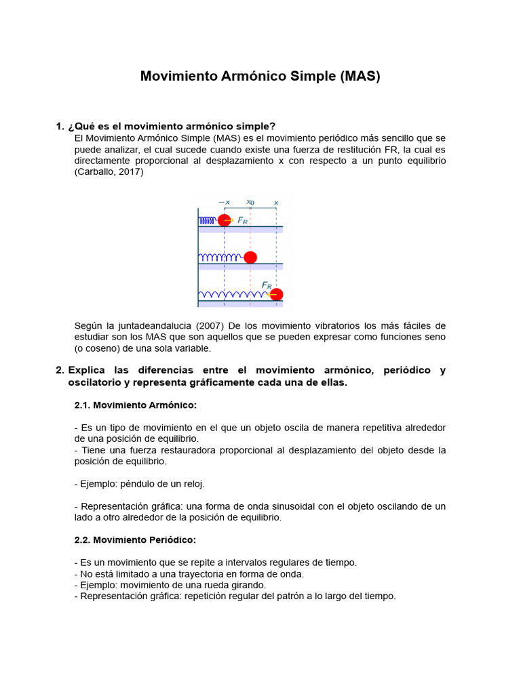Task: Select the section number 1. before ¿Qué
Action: (60, 126)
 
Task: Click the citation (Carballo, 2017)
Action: (109, 171)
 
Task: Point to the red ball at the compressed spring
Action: (224, 220)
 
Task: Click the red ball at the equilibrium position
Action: (250, 258)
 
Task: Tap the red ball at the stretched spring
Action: (276, 294)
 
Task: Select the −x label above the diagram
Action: (224, 202)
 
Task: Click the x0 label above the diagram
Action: (250, 202)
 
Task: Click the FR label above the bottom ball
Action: (267, 285)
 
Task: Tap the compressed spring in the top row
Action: (208, 220)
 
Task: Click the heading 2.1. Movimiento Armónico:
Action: (135, 405)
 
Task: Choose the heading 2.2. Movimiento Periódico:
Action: (134, 540)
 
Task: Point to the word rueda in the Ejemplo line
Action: (215, 585)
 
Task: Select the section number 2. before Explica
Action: (60, 370)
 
